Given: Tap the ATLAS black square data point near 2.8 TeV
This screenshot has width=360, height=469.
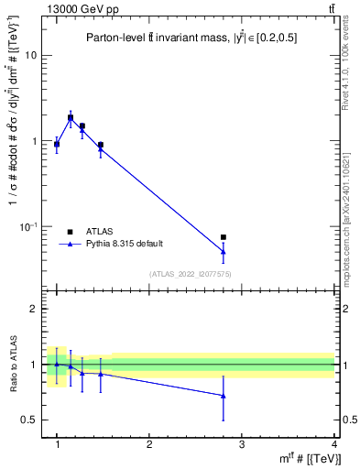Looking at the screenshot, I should pos(224,237).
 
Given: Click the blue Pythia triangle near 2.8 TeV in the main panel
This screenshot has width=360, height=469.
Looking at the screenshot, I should pos(224,251).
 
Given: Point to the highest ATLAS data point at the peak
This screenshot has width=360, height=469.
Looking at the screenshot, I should pos(71,117).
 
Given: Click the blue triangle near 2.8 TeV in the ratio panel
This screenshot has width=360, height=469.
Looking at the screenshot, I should pos(224,396).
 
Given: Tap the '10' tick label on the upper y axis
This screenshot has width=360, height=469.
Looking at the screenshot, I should pos(30,56).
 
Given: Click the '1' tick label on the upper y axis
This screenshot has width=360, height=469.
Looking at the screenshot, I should pos(34,141).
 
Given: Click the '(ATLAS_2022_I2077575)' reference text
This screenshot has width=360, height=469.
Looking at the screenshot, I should pos(190,274).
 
